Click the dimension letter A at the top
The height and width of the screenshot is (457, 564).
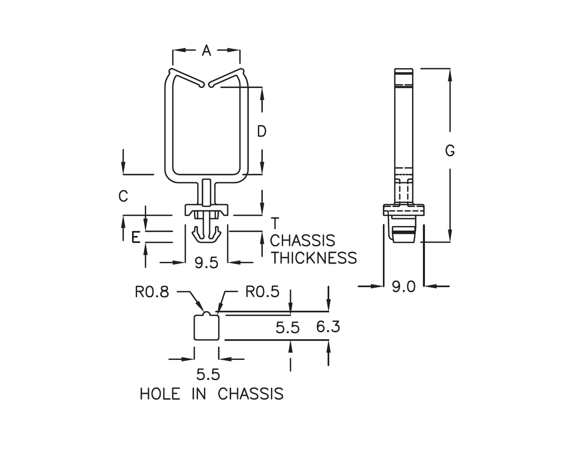(206, 51)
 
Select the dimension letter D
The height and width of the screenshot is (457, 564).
(262, 131)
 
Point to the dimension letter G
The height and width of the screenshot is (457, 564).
(450, 151)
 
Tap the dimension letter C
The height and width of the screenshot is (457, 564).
(123, 196)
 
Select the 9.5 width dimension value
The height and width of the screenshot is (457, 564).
(206, 263)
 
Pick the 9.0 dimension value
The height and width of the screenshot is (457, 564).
(404, 286)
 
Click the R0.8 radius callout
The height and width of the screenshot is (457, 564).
(152, 292)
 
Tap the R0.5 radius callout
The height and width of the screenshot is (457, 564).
(262, 292)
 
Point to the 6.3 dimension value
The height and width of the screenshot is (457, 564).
(328, 327)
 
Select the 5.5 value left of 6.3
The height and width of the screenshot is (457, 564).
(288, 328)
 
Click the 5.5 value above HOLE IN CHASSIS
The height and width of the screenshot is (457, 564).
(208, 375)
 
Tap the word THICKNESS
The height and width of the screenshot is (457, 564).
(314, 258)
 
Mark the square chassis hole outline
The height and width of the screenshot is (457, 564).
(206, 327)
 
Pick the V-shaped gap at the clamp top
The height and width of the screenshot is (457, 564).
(206, 83)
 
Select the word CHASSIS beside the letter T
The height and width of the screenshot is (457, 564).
(302, 240)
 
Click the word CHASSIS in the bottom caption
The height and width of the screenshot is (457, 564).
(250, 394)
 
